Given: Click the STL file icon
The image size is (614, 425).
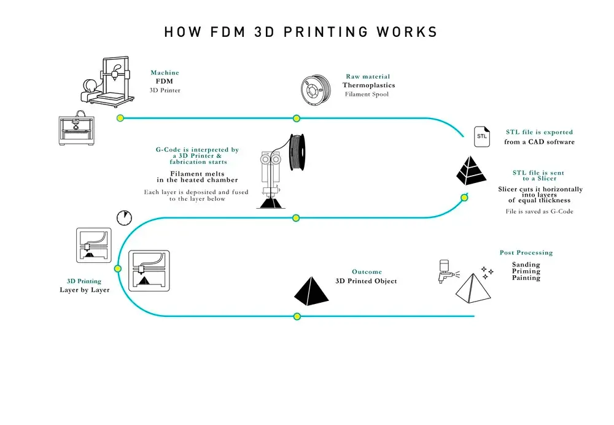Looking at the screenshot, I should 481,136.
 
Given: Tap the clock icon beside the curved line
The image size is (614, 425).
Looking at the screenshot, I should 124,218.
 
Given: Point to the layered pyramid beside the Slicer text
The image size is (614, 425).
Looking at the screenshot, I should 471,171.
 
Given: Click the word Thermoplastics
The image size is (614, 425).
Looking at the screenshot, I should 368,85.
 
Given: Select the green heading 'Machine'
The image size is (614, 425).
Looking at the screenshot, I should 165,72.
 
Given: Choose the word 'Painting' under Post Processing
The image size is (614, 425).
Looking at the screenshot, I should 526,278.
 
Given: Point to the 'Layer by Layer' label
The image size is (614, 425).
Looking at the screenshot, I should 85,289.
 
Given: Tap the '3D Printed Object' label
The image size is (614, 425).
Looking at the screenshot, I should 366,281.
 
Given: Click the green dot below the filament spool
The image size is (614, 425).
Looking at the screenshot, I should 296,118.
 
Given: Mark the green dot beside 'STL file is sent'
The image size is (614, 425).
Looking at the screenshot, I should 464,198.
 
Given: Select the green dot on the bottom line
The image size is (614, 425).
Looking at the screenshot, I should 297,316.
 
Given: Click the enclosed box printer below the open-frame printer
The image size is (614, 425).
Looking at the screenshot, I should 78,130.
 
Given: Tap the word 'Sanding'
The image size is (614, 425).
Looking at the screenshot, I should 526,265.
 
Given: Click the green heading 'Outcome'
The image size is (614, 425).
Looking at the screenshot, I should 367,271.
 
